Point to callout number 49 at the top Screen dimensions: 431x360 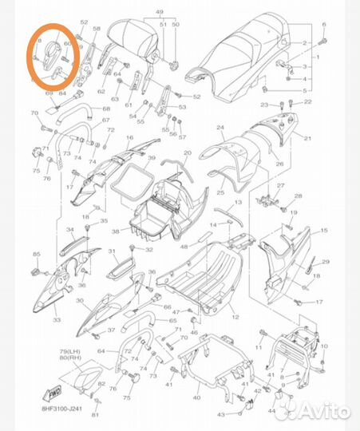coord(160,12)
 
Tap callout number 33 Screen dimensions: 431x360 coord(57,319)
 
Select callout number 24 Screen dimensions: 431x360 coord(219,127)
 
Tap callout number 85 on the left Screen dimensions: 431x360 coord(36,255)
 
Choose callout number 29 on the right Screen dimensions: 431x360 coord(325,261)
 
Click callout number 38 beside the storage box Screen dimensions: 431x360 coord(115,232)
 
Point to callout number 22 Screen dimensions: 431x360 coord(308,105)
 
